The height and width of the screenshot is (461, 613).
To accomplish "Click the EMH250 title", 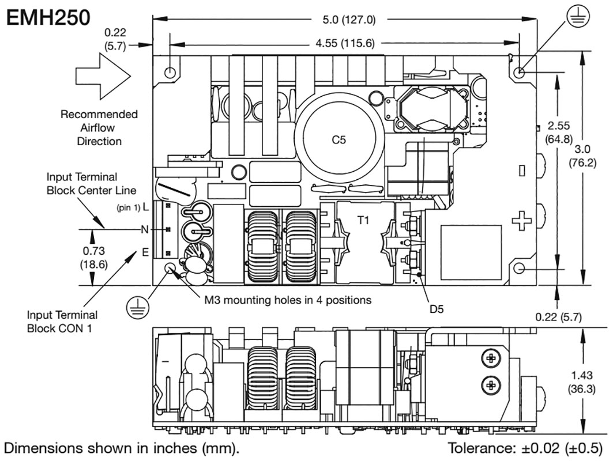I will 48,17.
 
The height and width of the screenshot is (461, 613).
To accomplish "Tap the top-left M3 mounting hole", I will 171,73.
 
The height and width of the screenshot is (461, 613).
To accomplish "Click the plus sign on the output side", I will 521,221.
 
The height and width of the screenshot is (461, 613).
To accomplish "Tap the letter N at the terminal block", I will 144,230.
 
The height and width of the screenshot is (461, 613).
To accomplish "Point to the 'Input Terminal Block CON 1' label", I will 62,321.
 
